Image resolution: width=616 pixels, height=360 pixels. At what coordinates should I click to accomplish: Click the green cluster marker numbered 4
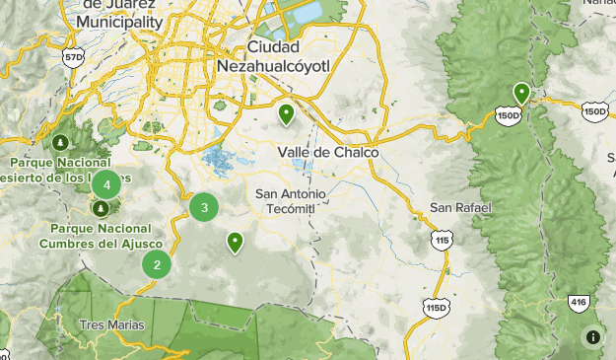pos(105,183)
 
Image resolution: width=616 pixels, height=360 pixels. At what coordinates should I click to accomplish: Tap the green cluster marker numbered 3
pos(204,207)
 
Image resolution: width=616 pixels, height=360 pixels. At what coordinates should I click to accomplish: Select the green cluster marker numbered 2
pos(157,264)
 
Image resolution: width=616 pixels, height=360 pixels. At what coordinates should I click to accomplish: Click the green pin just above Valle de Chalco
pos(286,114)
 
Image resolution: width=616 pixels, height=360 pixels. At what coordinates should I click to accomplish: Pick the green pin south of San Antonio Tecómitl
pos(235,242)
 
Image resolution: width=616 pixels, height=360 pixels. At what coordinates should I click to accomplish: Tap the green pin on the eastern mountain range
pos(521,93)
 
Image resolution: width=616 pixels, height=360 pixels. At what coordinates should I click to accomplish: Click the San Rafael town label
pos(460,208)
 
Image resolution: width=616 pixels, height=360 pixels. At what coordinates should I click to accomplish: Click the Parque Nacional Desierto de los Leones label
pos(59,170)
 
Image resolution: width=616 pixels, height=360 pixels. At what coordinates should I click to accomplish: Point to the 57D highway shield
pos(73,59)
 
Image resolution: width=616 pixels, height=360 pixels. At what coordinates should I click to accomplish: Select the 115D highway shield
pos(437,308)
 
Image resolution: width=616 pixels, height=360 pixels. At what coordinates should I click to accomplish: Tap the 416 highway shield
pos(578,302)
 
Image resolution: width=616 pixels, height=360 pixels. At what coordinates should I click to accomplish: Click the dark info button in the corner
pos(593,337)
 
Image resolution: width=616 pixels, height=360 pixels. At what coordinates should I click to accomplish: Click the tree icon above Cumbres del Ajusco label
pos(102,209)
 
